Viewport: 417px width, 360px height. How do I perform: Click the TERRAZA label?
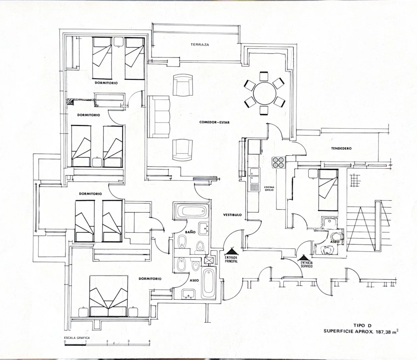[200, 45]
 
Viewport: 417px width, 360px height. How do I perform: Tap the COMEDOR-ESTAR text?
[214, 122]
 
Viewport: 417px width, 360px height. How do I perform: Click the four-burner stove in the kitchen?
[279, 162]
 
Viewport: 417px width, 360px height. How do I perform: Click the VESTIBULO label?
[232, 215]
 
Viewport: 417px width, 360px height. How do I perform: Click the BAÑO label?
[190, 232]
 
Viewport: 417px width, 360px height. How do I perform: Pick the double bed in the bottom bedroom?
[108, 296]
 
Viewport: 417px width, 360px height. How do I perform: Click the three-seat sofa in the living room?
[158, 117]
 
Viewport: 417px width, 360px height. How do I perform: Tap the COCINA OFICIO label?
[269, 189]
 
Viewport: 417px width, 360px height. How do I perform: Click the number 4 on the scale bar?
[149, 341]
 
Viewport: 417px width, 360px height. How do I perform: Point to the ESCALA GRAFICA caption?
[77, 338]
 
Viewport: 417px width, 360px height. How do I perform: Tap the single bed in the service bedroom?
[328, 190]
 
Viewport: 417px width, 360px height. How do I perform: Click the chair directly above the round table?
[264, 76]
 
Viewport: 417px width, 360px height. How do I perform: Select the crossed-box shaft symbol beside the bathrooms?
[208, 261]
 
